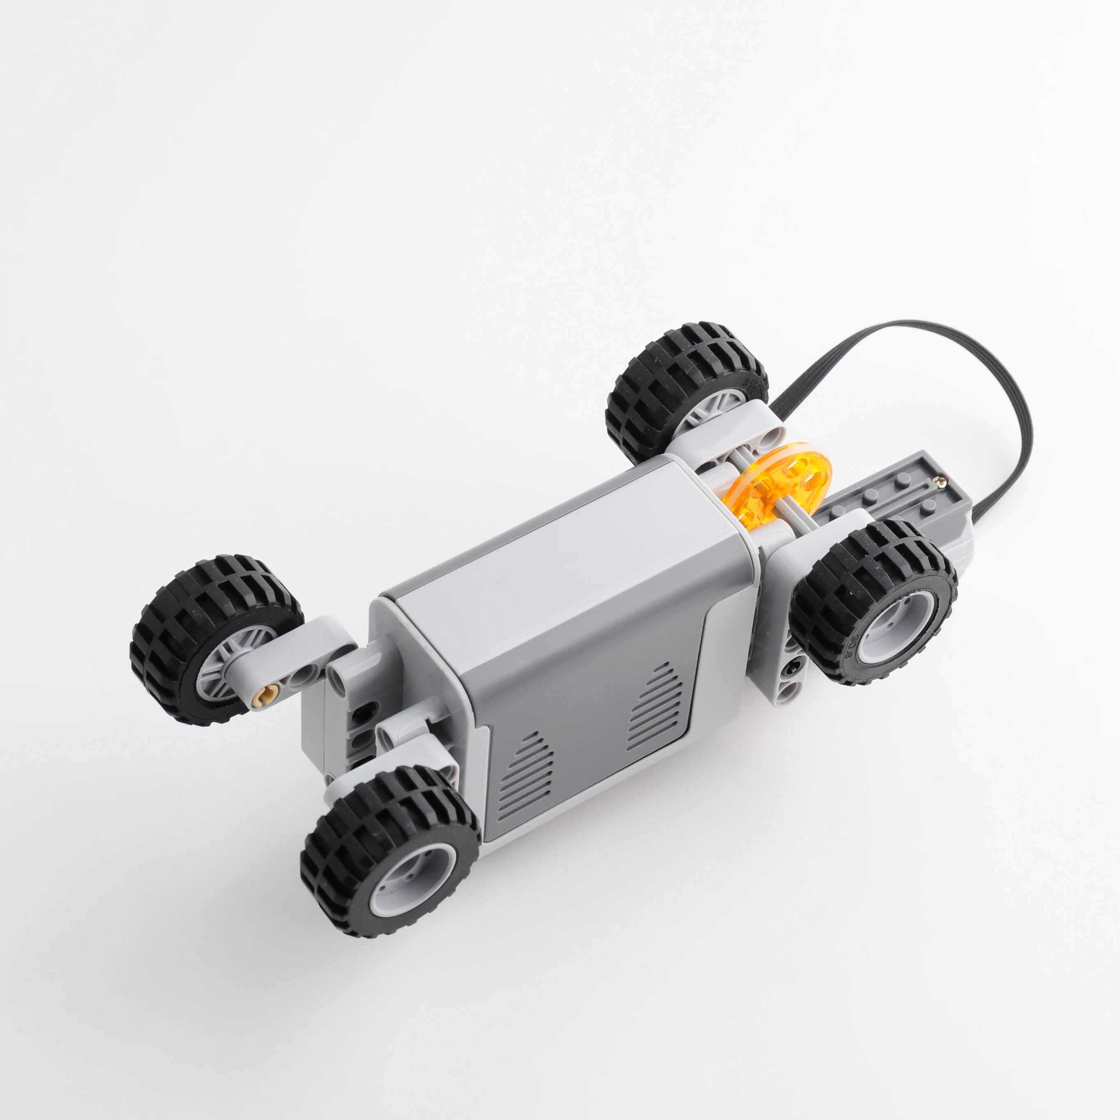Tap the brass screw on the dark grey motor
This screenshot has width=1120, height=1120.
point(940,480)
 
